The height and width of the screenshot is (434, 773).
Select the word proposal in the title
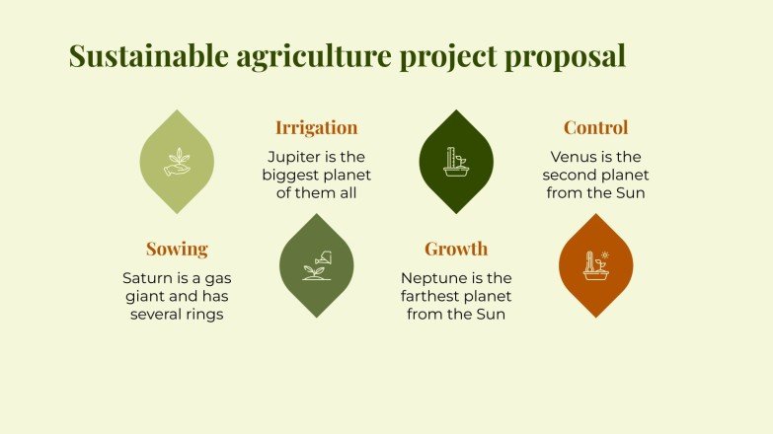point(565,56)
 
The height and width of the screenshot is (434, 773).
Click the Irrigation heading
point(316,127)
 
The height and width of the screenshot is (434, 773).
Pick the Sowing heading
point(177,249)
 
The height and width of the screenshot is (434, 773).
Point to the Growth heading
point(456,249)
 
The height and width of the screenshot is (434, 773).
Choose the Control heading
point(595,127)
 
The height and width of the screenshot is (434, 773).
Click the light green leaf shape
point(177,162)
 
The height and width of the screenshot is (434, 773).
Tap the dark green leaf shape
point(455,162)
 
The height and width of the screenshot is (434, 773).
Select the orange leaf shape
point(595,265)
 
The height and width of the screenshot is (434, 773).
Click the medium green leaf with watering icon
point(316,265)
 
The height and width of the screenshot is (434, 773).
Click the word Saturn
point(147,278)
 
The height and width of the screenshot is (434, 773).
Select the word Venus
point(575,156)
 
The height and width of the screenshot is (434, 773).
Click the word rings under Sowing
point(200,315)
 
